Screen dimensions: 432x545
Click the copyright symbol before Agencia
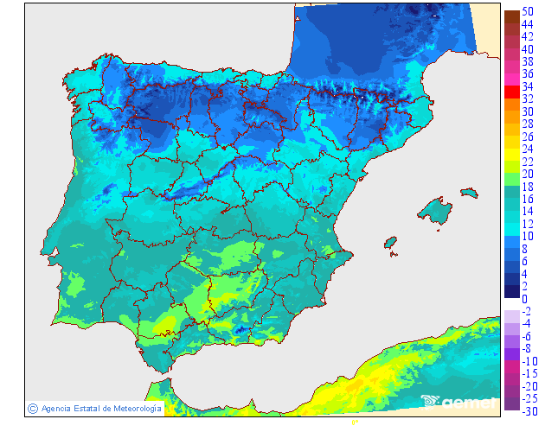32,408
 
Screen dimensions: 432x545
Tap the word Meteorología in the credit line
136,408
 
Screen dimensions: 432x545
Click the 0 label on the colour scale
523,299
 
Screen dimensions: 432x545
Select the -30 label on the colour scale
527,411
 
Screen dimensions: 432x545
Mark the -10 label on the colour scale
527,361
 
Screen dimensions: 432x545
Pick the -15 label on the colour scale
527,373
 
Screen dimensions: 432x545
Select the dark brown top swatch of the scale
511,16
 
